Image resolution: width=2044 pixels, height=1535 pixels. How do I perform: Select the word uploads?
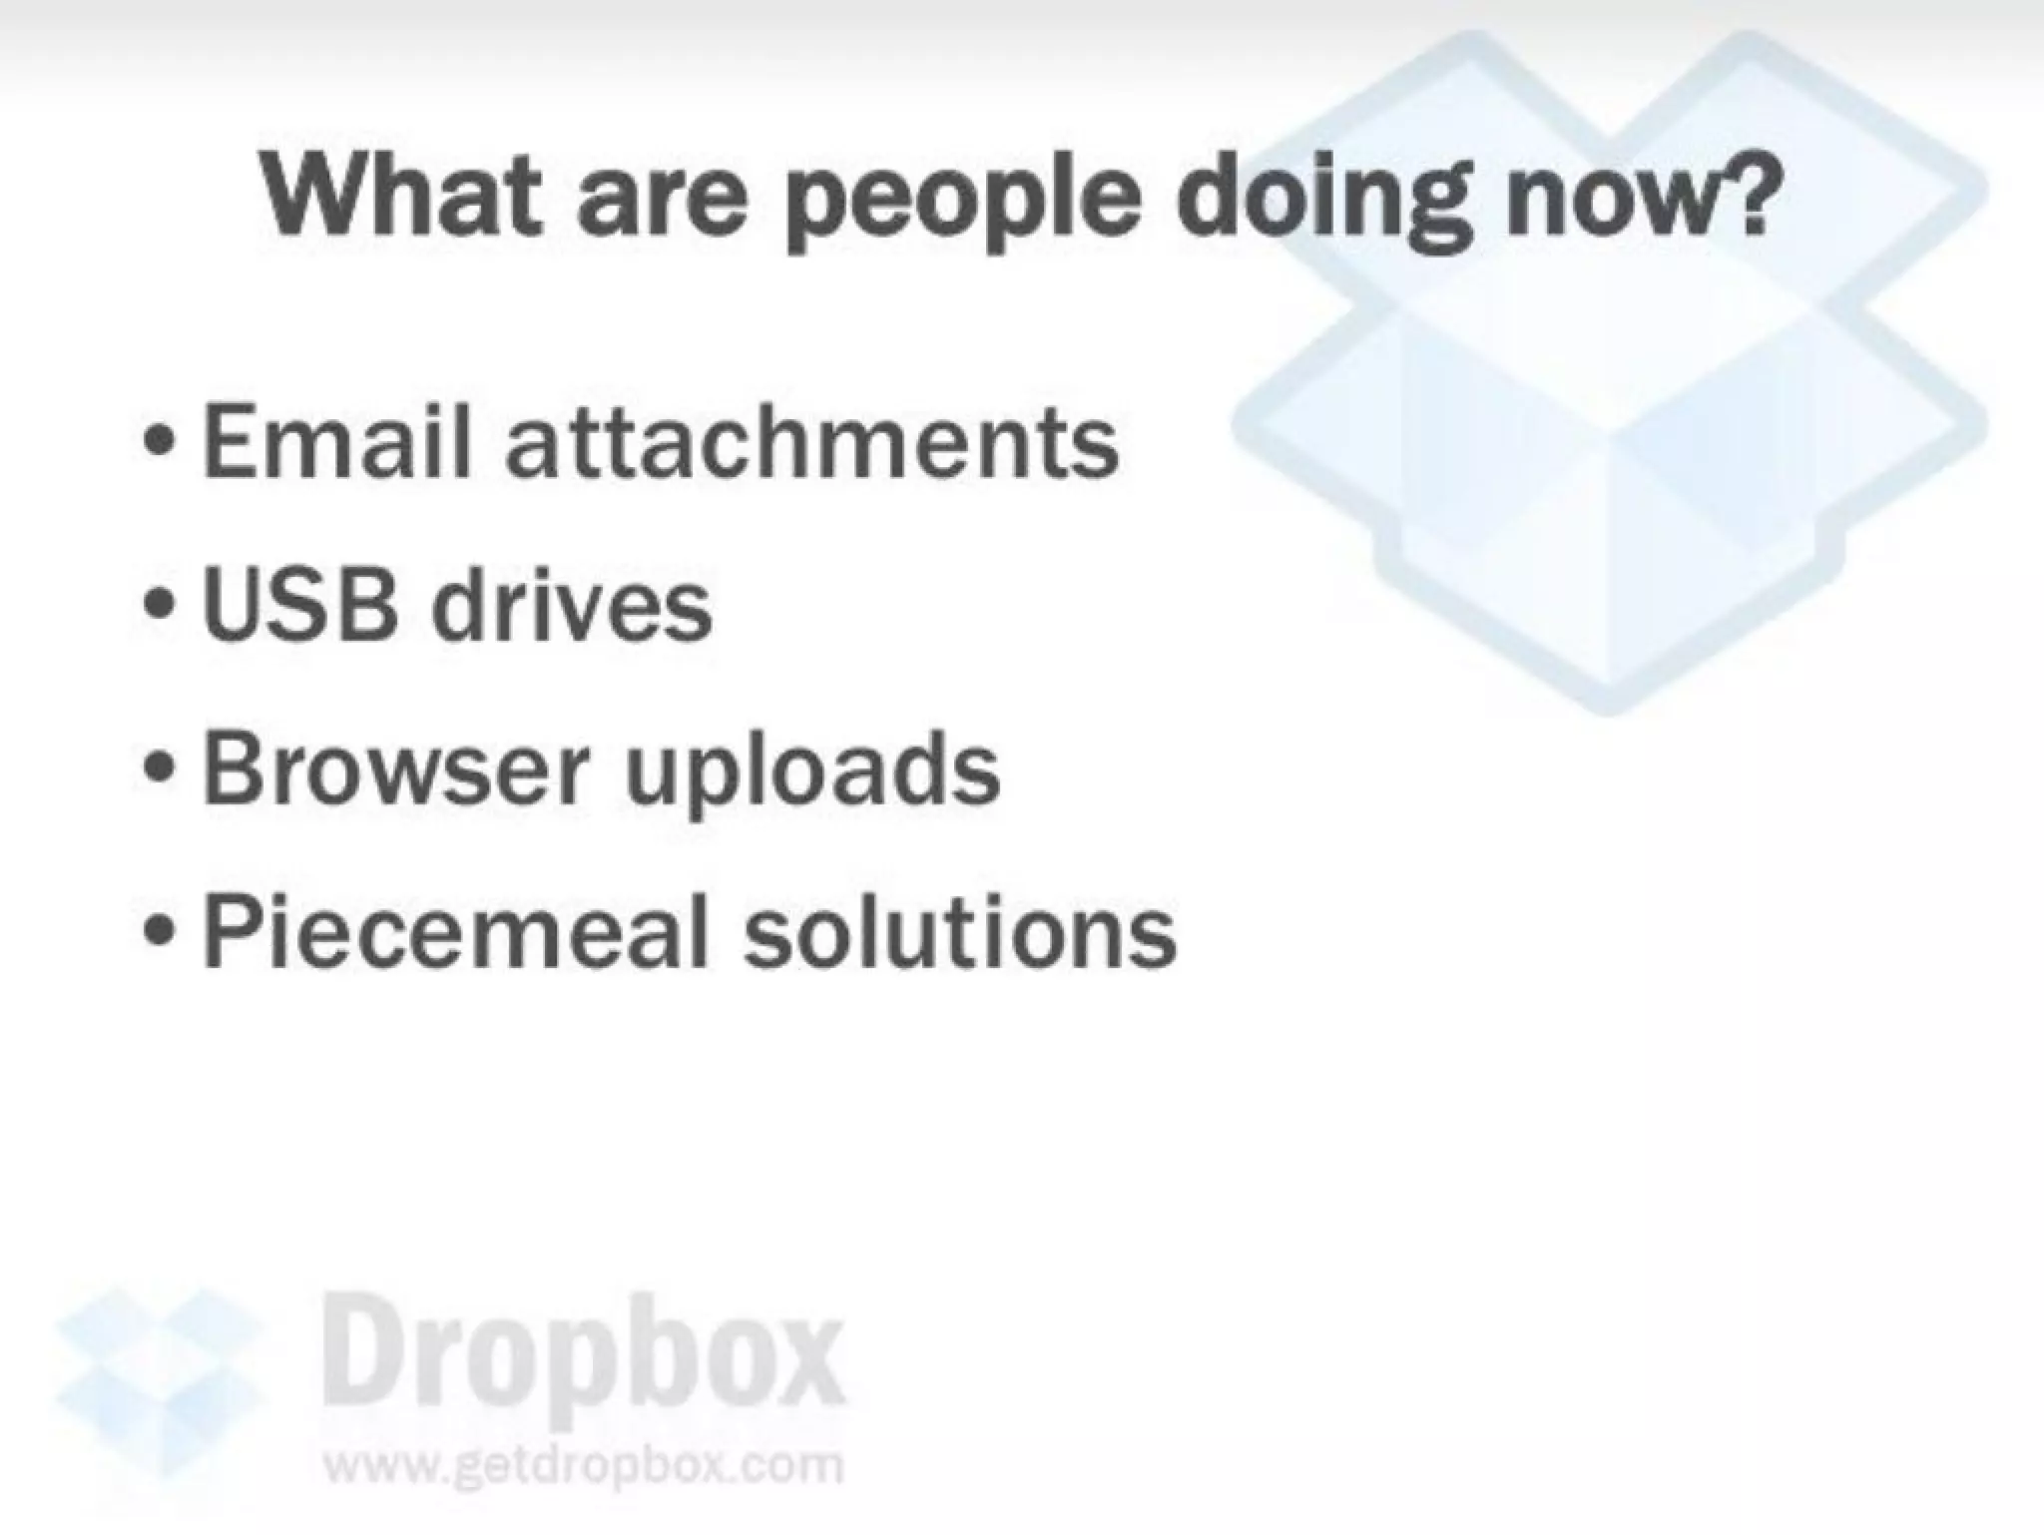tap(811, 773)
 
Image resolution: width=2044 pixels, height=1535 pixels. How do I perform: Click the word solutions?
tap(959, 930)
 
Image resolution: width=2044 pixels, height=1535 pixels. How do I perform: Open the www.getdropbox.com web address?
tap(583, 1465)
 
